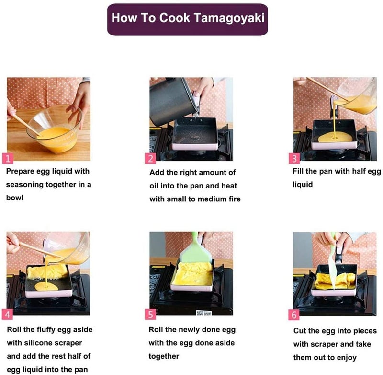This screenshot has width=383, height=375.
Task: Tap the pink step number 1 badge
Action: [x=8, y=159]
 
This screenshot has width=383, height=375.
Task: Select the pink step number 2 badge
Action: [x=150, y=159]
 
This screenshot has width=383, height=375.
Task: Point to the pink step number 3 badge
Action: [x=294, y=159]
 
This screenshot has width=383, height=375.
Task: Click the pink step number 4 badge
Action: [x=7, y=314]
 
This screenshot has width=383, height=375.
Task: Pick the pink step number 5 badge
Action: [x=150, y=314]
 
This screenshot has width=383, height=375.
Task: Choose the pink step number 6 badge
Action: [x=294, y=315]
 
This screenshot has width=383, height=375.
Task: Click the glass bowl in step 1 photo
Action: [x=54, y=129]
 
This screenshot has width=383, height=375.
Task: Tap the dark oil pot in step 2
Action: [x=171, y=101]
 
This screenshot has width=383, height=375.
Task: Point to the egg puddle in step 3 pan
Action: [x=336, y=138]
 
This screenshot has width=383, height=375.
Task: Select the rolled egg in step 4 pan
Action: [x=47, y=271]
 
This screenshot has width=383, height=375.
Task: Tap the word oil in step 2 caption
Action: [x=154, y=186]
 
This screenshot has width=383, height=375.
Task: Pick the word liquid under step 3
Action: [x=303, y=185]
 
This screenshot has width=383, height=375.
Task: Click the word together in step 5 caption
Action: [x=164, y=356]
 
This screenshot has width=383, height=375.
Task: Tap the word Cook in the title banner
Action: [x=175, y=18]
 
